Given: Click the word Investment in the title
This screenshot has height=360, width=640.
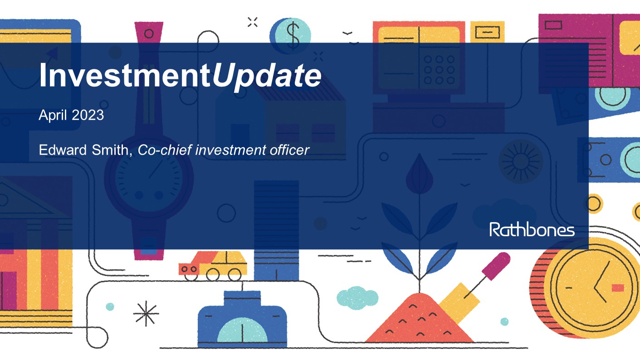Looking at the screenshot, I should [x=125, y=76].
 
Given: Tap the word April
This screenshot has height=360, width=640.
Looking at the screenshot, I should [x=54, y=115].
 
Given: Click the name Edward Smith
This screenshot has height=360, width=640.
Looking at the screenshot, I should [x=84, y=150].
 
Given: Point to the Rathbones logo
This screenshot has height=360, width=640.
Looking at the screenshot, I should [x=532, y=229].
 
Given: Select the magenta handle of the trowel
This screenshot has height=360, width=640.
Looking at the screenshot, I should [x=497, y=265].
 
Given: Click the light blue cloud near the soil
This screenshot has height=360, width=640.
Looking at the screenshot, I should [x=357, y=297].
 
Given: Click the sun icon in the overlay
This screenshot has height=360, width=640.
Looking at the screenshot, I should [x=520, y=161].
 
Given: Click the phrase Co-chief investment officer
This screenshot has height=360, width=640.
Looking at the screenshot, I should [x=223, y=150].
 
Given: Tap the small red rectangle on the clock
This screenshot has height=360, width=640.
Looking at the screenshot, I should [x=617, y=287].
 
